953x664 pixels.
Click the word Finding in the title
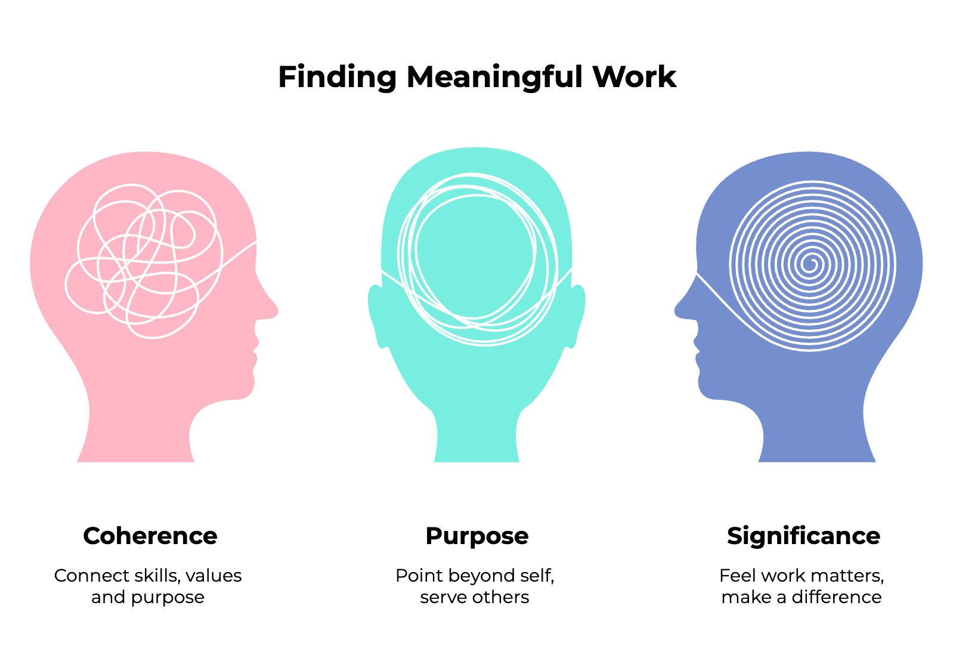[x=337, y=78]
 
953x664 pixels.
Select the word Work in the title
[x=634, y=78]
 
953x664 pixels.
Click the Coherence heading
[x=150, y=536]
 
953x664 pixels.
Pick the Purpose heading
[x=476, y=536]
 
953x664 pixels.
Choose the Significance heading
[x=803, y=536]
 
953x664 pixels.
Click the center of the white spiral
[x=810, y=263]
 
